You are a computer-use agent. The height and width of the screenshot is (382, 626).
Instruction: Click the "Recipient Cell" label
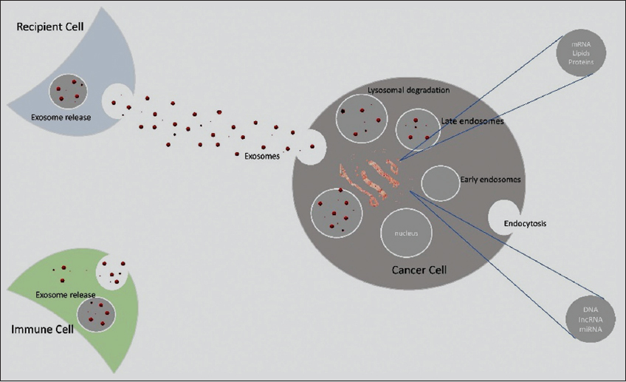tap(51, 27)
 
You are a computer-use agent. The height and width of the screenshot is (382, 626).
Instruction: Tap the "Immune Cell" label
tap(42, 329)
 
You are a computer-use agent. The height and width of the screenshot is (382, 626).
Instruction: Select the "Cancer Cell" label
tap(419, 271)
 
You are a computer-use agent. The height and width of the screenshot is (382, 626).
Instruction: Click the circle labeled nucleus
tap(406, 233)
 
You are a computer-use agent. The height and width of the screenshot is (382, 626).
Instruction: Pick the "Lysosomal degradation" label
tap(408, 90)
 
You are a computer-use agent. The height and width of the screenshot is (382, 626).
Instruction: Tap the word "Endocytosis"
tap(525, 223)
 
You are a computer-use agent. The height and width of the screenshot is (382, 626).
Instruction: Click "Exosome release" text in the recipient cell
tap(61, 116)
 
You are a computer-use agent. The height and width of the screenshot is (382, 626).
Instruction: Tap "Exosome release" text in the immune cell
tap(65, 295)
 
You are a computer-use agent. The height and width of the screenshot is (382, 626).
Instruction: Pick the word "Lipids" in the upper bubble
tap(580, 53)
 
